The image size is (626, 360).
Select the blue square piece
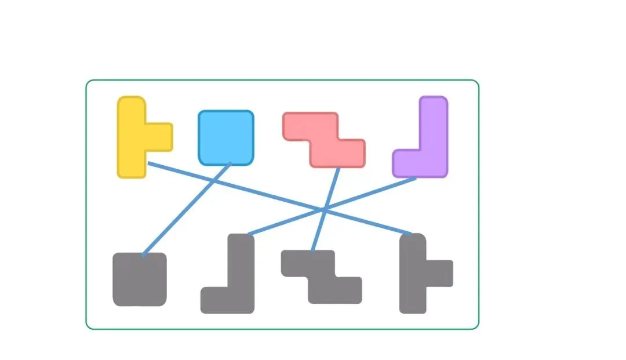coord(226,137)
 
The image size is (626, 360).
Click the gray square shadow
coord(140,279)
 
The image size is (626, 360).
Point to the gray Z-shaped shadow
coord(322,277)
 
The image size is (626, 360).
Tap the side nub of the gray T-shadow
coord(441,274)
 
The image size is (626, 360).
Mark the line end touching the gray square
coord(143,254)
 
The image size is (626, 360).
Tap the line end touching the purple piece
coord(415,179)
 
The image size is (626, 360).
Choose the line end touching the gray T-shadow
coord(410,234)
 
